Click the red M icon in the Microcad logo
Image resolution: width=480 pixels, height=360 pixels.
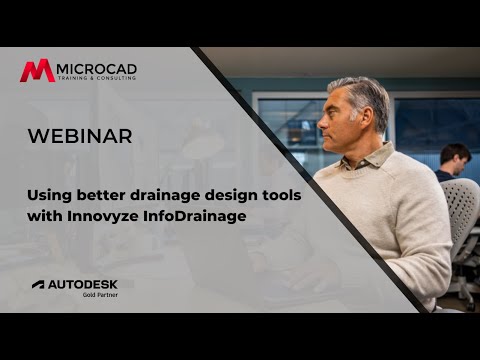tap(38, 71)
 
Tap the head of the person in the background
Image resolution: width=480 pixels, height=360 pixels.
tap(455, 157)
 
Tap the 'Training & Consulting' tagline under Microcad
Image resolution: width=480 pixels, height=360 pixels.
tap(97, 79)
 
